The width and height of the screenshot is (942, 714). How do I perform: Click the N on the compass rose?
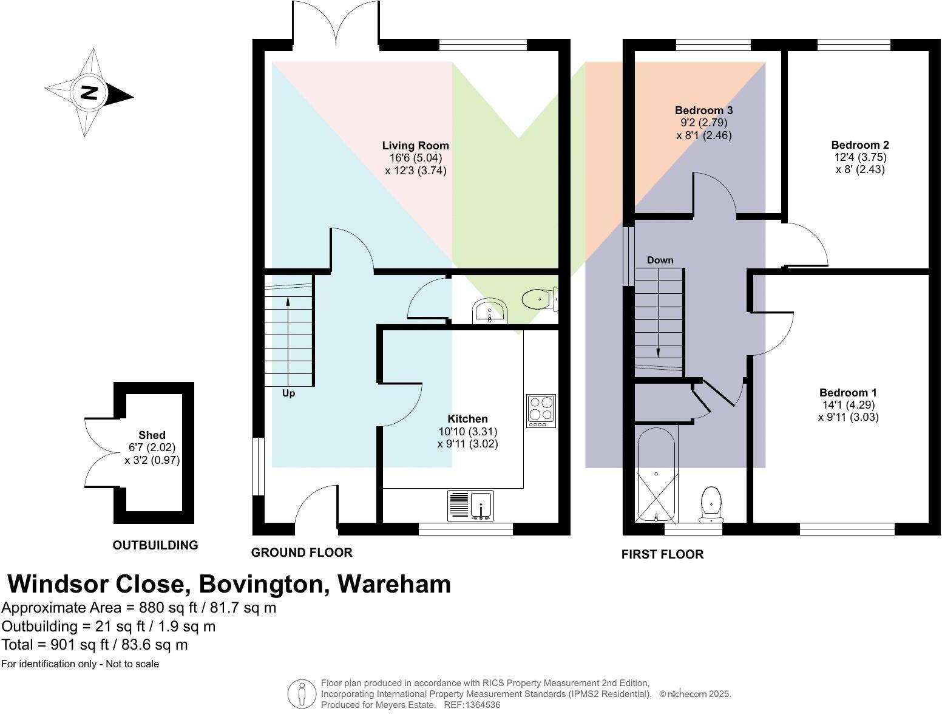pos(89,93)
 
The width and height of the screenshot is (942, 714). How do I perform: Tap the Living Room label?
pos(415,146)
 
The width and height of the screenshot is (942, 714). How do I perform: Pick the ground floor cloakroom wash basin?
pos(489,311)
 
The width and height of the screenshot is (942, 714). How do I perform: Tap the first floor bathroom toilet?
pos(711,505)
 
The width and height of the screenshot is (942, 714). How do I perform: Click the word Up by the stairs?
pos(288,393)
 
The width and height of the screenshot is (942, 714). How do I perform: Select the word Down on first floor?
pos(660,260)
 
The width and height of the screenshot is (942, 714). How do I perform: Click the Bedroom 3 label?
pos(703,110)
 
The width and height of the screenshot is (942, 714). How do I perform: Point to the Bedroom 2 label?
pos(859,145)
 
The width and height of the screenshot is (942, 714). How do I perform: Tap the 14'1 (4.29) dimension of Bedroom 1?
pos(847,405)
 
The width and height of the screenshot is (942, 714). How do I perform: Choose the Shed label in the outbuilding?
pos(152,435)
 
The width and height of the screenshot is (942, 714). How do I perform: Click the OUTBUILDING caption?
pos(155,545)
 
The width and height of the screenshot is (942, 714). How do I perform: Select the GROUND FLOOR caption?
pos(302,552)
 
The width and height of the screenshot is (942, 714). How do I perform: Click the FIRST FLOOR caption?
pos(662,554)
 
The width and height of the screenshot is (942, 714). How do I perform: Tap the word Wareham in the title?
pos(394,584)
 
